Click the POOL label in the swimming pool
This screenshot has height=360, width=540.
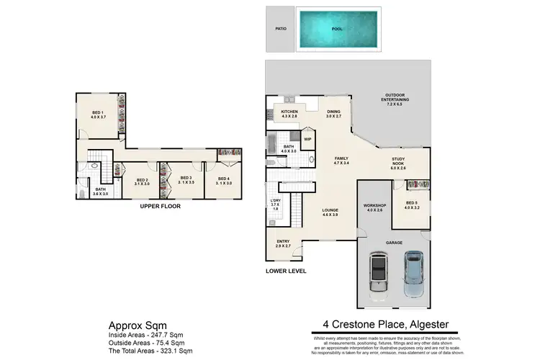(x=337, y=30)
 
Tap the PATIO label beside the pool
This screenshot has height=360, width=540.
(x=280, y=30)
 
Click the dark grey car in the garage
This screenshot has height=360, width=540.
(x=378, y=275)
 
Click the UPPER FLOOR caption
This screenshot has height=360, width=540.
(x=160, y=206)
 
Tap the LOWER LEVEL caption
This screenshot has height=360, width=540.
(x=287, y=271)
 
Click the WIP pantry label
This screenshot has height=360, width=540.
(x=307, y=139)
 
